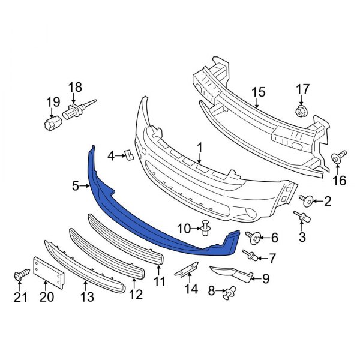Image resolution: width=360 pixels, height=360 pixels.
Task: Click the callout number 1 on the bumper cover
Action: point(199,146)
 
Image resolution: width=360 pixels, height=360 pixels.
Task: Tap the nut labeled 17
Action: point(301,111)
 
